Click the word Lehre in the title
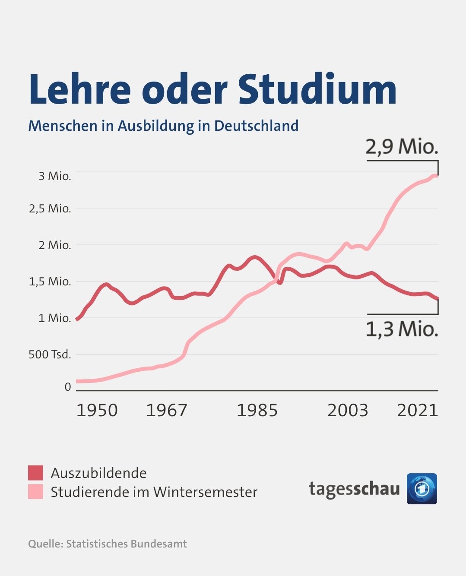coord(79,89)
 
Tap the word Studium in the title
coord(317,89)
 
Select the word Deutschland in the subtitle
coord(256,126)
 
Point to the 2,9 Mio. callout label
coord(402,147)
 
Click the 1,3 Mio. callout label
coord(402,329)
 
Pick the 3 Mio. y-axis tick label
coord(55,176)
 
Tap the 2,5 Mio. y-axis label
coord(50,209)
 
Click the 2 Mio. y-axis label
coord(55,245)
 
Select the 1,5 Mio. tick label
coord(50,282)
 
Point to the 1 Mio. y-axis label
coord(55,318)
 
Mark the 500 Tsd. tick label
coord(50,354)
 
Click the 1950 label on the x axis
coord(97,410)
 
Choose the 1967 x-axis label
coord(167,410)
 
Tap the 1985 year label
coord(257,410)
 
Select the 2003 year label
coord(348,410)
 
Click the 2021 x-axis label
coord(417,410)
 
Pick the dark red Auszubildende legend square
coord(36,473)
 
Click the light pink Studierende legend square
coord(36,492)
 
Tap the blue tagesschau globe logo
coord(422,489)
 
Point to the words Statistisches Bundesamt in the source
coord(127,544)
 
